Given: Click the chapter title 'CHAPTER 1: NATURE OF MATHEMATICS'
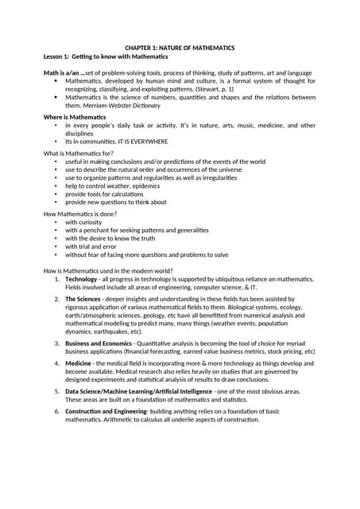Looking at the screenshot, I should pos(179,48).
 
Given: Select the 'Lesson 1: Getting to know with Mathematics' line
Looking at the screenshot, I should pos(105,56).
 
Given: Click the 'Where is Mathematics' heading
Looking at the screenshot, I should pos(74,117).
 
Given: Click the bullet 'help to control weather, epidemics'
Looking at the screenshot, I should pos(112,186).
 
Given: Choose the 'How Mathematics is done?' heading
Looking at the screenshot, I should pos(79,212).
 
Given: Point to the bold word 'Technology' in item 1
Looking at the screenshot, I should pos(81,280).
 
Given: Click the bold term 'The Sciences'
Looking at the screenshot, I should pos(83,298).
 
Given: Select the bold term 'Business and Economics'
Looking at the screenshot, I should pos(99,343).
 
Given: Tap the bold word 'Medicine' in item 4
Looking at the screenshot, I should pos(79,362).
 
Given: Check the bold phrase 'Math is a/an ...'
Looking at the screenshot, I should pos(64,73).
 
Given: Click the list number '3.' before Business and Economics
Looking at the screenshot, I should pos(56,343).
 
